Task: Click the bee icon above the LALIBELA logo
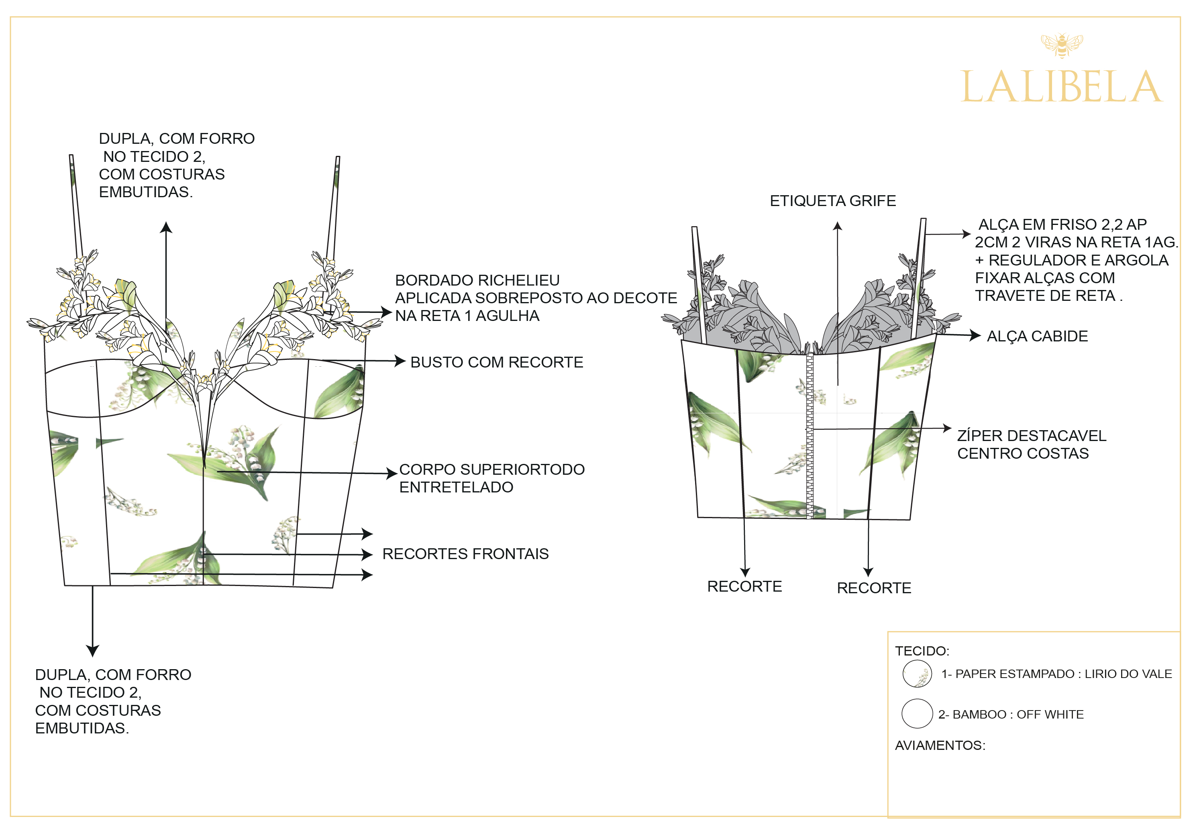tap(1061, 45)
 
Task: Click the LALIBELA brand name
tap(1061, 87)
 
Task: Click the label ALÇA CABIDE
tap(1037, 336)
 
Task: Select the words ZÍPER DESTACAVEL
tap(1031, 435)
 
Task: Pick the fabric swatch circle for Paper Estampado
tap(917, 674)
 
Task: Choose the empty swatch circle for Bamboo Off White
tap(917, 714)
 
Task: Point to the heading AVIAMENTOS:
tap(940, 745)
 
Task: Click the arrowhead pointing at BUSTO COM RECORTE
tap(400, 361)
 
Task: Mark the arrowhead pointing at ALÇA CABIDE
tap(975, 335)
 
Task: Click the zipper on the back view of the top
tap(810, 434)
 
